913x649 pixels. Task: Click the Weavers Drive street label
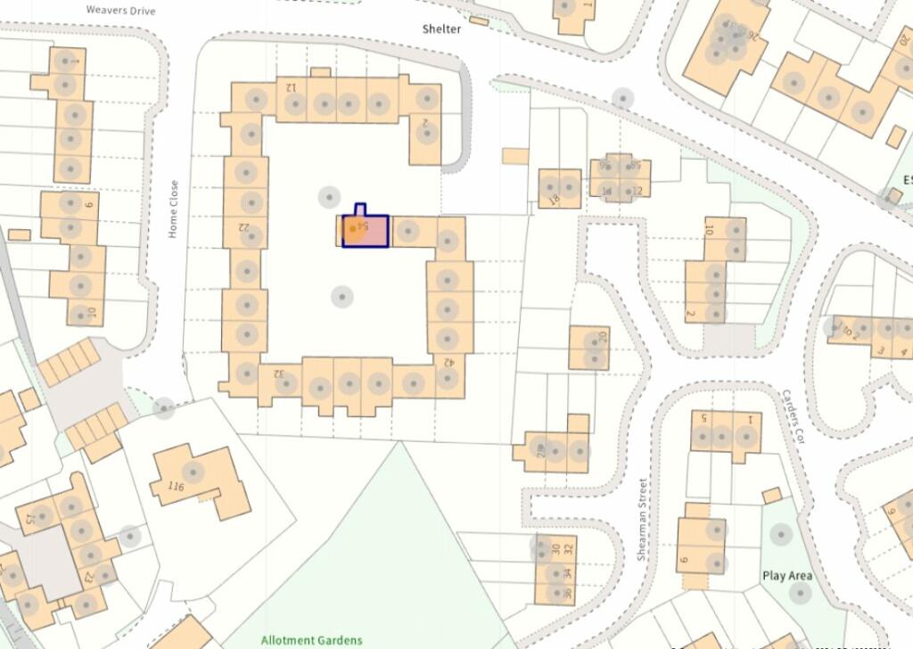point(120,11)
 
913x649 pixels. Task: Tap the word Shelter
point(441,29)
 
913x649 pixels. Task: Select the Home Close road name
point(174,209)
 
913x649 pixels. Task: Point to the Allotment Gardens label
point(311,639)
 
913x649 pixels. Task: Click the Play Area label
point(786,576)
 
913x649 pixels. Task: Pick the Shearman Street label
point(642,519)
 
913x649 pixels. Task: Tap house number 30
point(555,549)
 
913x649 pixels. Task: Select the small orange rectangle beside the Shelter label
point(479,21)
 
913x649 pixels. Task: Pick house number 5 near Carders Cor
point(703,417)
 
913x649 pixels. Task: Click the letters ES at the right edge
point(907,181)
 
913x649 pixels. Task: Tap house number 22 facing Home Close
point(243,226)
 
